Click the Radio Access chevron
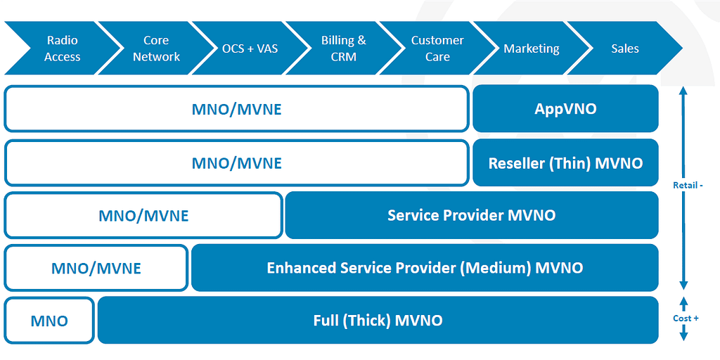pyautogui.click(x=62, y=49)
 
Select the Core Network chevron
pyautogui.click(x=156, y=49)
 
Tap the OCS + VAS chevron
pyautogui.click(x=250, y=49)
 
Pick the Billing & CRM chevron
pyautogui.click(x=344, y=49)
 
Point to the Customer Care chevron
pyautogui.click(x=437, y=49)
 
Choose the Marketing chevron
pyautogui.click(x=532, y=49)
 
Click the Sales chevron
pyautogui.click(x=625, y=49)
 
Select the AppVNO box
pyautogui.click(x=565, y=109)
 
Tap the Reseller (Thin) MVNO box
pyautogui.click(x=565, y=162)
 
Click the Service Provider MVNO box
pyautogui.click(x=471, y=215)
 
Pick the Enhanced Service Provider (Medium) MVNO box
pyautogui.click(x=425, y=268)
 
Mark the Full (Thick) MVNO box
pyautogui.click(x=378, y=321)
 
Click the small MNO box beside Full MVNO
pyautogui.click(x=49, y=321)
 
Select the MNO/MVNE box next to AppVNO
pyautogui.click(x=236, y=109)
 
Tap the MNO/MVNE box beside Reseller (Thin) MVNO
pyautogui.click(x=236, y=162)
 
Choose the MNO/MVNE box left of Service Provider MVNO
pyautogui.click(x=143, y=215)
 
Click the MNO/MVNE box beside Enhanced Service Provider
pyautogui.click(x=96, y=268)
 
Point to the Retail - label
pyautogui.click(x=688, y=185)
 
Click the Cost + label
pyautogui.click(x=686, y=319)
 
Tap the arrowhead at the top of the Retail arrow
pyautogui.click(x=683, y=91)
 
